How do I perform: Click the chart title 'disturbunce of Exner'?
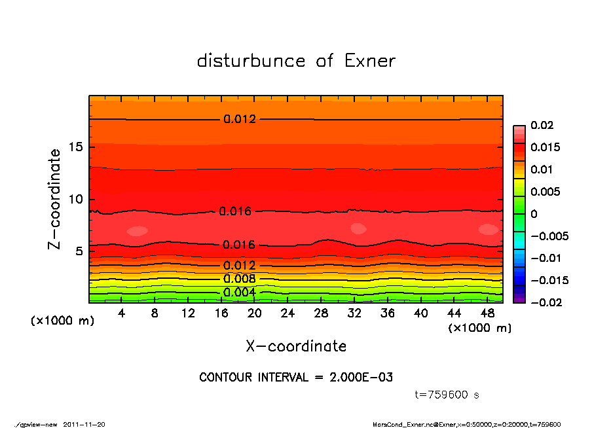[x=296, y=61]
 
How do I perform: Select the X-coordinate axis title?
[x=296, y=346]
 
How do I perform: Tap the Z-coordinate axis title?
[x=55, y=199]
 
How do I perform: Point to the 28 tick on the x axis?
[x=321, y=313]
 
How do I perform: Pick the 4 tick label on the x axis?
[x=122, y=313]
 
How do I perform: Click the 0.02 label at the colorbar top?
[x=543, y=125]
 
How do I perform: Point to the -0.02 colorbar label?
[x=545, y=302]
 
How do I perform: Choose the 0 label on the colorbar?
[x=534, y=214]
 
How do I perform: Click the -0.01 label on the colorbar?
[x=545, y=258]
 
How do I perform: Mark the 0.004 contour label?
[x=239, y=292]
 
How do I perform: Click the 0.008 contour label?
[x=239, y=279]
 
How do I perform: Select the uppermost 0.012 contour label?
[x=240, y=119]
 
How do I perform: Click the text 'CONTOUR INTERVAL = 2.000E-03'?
[x=296, y=378]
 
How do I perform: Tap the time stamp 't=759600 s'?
[x=448, y=395]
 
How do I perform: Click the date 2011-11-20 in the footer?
[x=84, y=424]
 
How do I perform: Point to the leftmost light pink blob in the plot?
[x=138, y=230]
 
